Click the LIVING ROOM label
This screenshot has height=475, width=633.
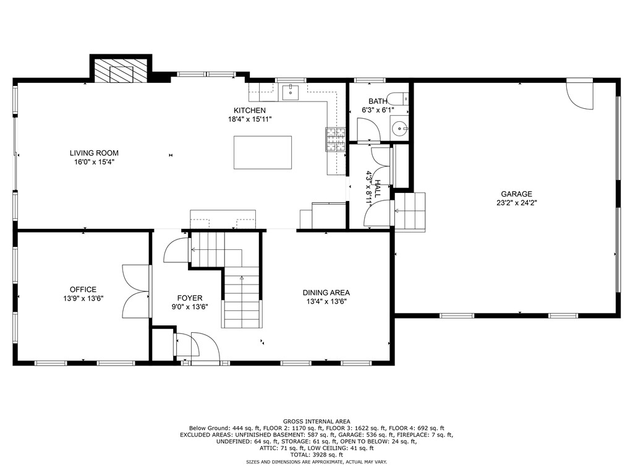click(x=94, y=153)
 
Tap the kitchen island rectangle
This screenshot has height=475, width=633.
click(x=262, y=152)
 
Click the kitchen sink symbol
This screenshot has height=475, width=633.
click(x=290, y=93)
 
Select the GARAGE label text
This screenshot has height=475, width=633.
click(x=516, y=194)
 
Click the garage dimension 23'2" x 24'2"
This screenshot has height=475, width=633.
click(x=516, y=202)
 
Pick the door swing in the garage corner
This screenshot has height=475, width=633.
click(x=579, y=95)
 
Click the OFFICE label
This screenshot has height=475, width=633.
click(x=83, y=289)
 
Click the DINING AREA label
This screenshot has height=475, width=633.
click(x=326, y=293)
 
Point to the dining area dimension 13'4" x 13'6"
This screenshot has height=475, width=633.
click(x=326, y=302)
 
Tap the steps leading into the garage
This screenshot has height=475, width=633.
click(x=410, y=212)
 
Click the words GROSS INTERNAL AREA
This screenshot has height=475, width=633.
click(x=316, y=421)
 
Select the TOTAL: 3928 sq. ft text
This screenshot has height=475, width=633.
click(x=316, y=455)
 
